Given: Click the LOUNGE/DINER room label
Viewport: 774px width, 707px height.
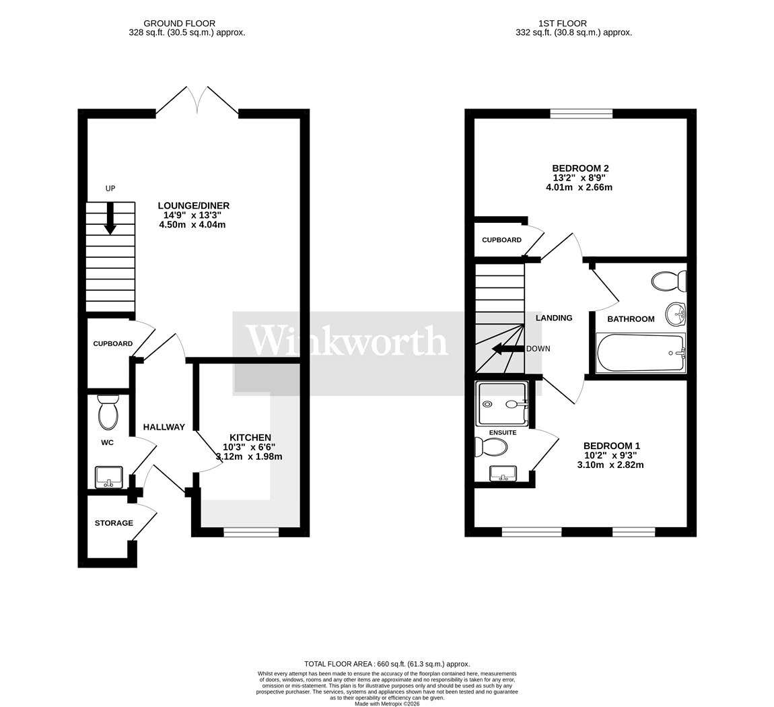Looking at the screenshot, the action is pyautogui.click(x=194, y=205).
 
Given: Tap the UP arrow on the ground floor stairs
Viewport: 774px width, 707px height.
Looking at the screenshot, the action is pyautogui.click(x=110, y=217).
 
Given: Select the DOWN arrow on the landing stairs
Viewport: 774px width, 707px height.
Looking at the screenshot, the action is pyautogui.click(x=508, y=349).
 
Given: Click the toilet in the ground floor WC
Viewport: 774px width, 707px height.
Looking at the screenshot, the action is pyautogui.click(x=108, y=413).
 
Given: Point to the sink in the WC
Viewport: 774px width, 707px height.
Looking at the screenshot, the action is pyautogui.click(x=108, y=477).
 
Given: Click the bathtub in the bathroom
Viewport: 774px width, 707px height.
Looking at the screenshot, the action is pyautogui.click(x=641, y=353).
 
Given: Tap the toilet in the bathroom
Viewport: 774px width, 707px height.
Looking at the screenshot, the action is pyautogui.click(x=670, y=281).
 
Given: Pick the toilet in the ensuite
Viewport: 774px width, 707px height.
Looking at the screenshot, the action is pyautogui.click(x=491, y=448).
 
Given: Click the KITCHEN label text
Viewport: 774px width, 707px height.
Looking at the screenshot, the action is pyautogui.click(x=250, y=438).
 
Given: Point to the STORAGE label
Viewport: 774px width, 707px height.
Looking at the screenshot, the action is pyautogui.click(x=114, y=523).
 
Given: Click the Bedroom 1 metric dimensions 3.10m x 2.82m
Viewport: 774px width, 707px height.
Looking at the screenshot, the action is pyautogui.click(x=610, y=465).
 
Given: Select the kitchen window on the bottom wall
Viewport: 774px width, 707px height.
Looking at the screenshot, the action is pyautogui.click(x=251, y=532).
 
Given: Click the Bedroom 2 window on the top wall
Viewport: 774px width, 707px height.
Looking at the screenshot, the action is pyautogui.click(x=582, y=114).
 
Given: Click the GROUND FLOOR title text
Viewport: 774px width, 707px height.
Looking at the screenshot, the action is pyautogui.click(x=179, y=23).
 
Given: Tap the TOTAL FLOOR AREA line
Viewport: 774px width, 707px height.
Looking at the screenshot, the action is pyautogui.click(x=387, y=664).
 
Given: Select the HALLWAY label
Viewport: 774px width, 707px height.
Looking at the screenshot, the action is pyautogui.click(x=164, y=427).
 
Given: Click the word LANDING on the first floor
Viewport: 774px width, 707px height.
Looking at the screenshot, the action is pyautogui.click(x=554, y=318).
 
